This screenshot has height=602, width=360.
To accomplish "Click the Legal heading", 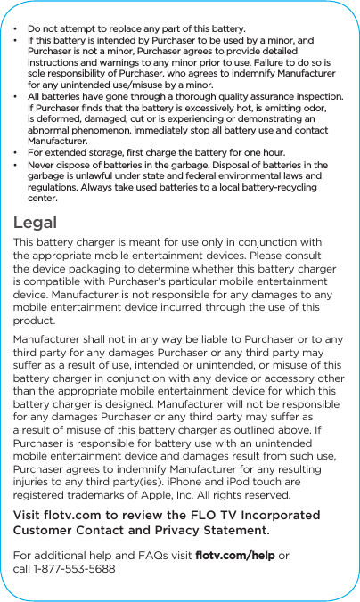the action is (x=35, y=223).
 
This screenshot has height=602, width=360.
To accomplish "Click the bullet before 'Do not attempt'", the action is (x=17, y=29).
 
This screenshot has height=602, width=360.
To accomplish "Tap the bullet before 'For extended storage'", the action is (x=17, y=153).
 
